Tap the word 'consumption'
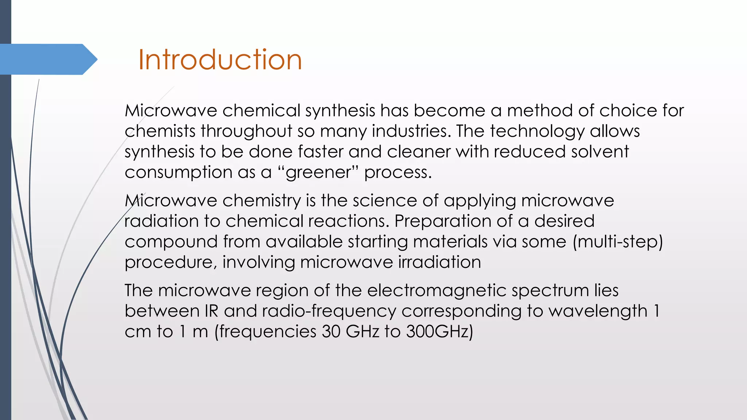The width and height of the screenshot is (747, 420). [178, 172]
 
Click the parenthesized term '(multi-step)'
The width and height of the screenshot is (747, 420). [618, 241]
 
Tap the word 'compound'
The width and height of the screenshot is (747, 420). [171, 241]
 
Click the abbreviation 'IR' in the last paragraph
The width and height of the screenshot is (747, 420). [211, 311]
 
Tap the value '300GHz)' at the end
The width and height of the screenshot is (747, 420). [439, 331]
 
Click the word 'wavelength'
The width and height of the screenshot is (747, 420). [598, 311]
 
